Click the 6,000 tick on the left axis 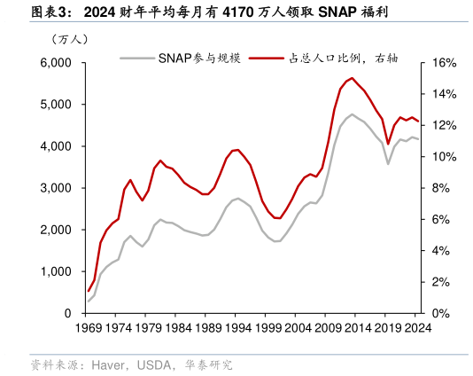[55, 63]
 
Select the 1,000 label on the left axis [55, 272]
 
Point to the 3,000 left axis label [55, 189]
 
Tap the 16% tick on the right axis [443, 63]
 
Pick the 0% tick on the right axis [440, 314]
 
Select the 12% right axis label [443, 126]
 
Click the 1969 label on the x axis [88, 328]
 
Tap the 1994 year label [236, 328]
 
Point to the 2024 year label [414, 328]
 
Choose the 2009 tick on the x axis [325, 328]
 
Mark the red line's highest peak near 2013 [352, 78]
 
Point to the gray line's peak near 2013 [352, 114]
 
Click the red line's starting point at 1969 [88, 291]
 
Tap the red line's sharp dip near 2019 [388, 144]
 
